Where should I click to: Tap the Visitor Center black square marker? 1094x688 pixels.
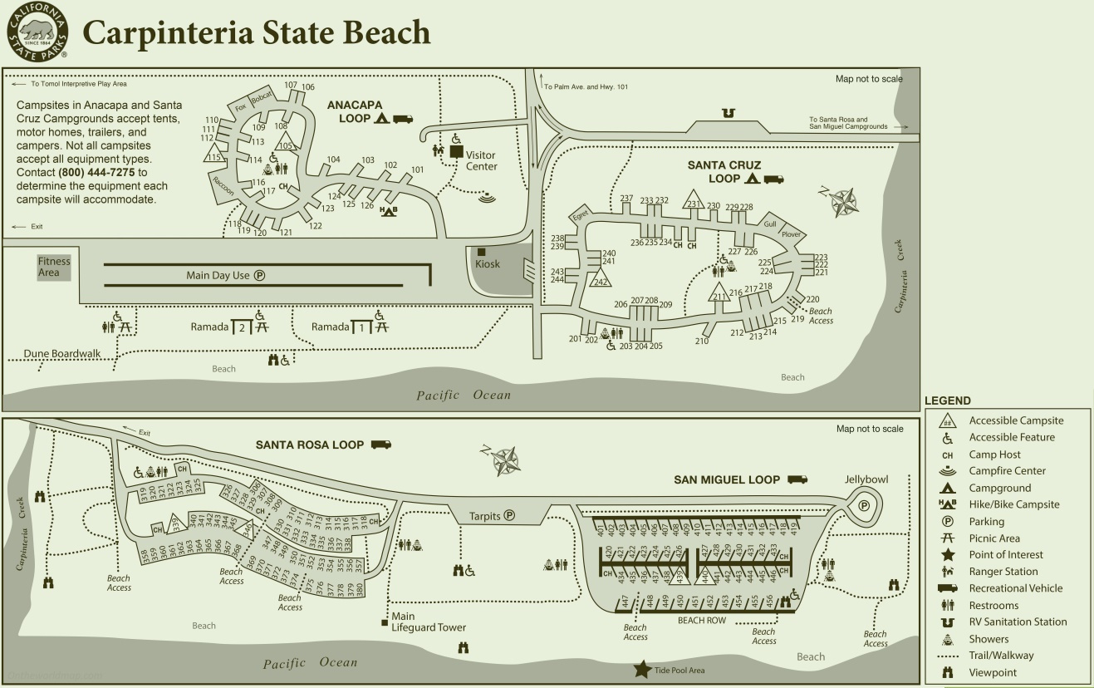click(456, 152)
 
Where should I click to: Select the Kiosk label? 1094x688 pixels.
click(488, 263)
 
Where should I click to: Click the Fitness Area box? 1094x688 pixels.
click(54, 267)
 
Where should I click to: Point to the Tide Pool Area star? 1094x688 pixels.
click(642, 668)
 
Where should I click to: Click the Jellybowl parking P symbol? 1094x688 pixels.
click(864, 504)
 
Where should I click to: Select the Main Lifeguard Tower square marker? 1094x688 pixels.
click(385, 622)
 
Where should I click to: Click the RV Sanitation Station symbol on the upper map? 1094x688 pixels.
click(728, 113)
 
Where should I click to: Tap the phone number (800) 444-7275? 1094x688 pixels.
click(98, 172)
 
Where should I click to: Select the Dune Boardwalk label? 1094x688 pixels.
click(62, 353)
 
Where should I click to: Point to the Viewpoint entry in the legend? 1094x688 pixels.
click(993, 673)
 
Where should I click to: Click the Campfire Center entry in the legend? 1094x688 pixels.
click(1007, 471)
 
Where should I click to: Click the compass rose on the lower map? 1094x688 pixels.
click(504, 459)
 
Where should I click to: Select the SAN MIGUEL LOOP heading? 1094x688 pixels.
click(727, 479)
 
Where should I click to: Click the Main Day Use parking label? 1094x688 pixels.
click(225, 276)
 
